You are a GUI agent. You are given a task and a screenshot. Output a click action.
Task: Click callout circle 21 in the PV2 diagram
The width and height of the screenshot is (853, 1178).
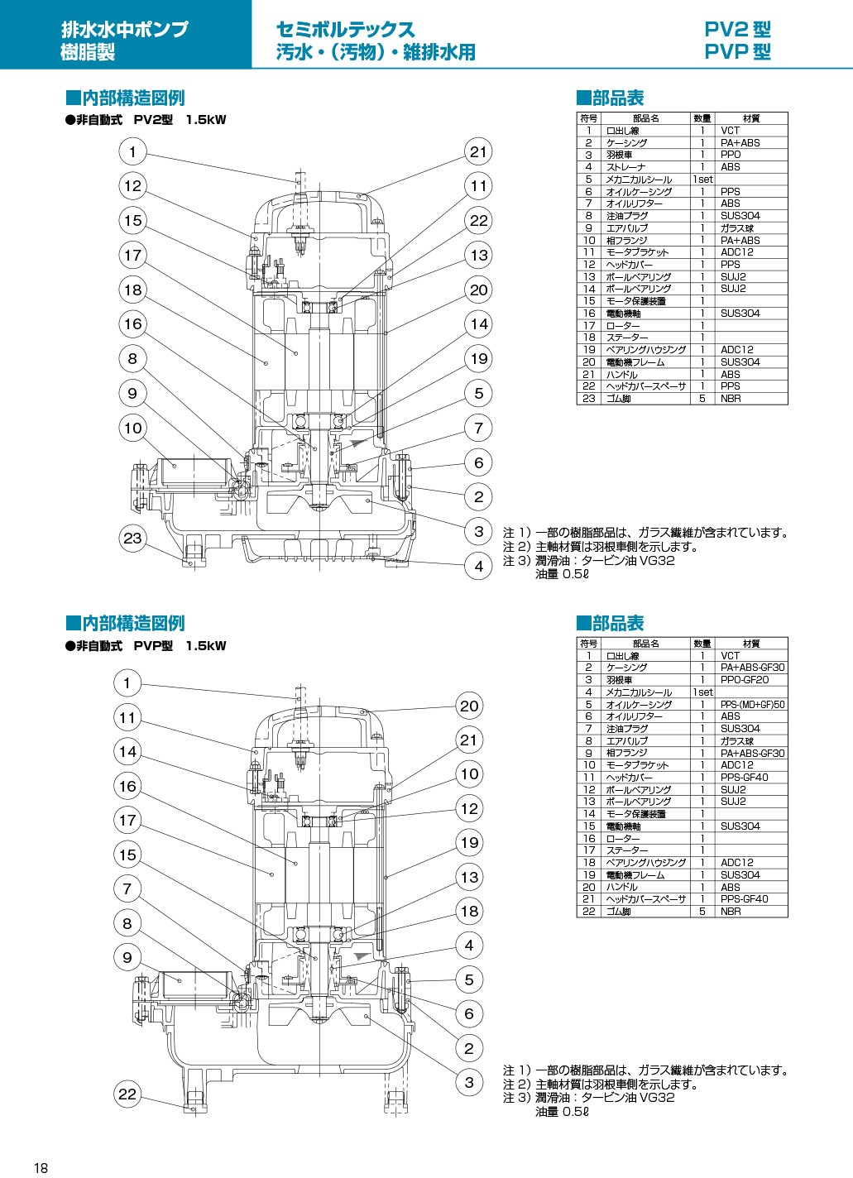click(x=478, y=151)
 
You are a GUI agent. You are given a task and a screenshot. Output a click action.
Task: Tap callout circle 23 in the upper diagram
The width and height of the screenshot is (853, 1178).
click(x=132, y=538)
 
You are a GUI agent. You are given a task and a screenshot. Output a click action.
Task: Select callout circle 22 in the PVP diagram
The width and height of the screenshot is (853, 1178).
click(x=127, y=1094)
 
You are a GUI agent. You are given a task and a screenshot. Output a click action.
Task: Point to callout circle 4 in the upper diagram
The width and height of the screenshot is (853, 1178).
click(x=478, y=567)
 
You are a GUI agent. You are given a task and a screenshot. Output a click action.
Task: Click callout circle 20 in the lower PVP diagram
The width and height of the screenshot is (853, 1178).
click(x=469, y=706)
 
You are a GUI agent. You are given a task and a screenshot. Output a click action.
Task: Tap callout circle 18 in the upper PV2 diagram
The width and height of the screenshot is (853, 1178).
click(x=132, y=290)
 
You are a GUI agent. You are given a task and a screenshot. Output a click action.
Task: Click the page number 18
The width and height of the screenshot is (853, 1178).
click(x=41, y=1169)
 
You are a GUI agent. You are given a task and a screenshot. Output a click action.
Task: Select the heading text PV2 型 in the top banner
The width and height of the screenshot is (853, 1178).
click(x=738, y=30)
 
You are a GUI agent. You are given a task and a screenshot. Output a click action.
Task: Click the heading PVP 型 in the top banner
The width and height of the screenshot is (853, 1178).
click(x=738, y=52)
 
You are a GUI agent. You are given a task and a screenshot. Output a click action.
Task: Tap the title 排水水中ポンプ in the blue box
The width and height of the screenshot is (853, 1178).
click(x=124, y=29)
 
